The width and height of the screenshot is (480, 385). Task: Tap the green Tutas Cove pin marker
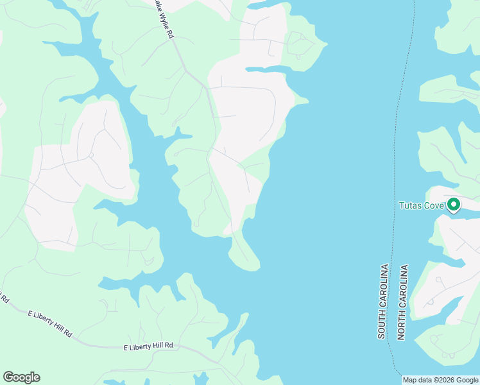click(454, 205)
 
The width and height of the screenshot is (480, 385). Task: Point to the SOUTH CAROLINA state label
click(382, 302)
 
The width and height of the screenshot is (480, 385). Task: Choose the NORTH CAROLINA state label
click(402, 302)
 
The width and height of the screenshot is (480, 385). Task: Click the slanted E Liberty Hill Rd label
click(50, 323)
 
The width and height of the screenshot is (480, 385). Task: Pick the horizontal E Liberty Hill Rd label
click(148, 346)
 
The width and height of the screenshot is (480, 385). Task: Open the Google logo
click(21, 377)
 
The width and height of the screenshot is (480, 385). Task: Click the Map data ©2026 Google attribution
click(440, 380)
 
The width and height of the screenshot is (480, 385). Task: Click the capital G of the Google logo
click(8, 377)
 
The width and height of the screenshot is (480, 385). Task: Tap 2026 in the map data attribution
click(446, 380)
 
